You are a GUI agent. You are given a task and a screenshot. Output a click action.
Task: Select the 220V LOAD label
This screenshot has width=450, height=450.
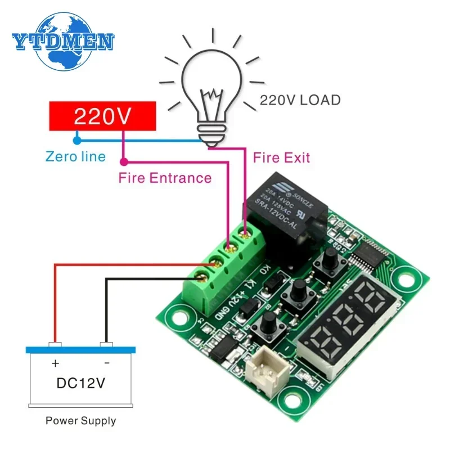coord(300,101)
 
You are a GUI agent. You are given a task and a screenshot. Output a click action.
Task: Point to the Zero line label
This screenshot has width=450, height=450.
coord(75,156)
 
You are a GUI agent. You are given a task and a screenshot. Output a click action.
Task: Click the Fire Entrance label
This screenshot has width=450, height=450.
coord(165,178)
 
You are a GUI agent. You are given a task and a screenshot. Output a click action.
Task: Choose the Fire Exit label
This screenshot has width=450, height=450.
coord(281,157)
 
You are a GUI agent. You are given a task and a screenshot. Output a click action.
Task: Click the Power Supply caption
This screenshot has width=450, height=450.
coord(80,420)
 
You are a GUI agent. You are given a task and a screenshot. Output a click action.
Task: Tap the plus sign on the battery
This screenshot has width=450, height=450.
coord(55,363)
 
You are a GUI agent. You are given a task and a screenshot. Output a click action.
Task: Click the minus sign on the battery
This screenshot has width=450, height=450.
coord(106,363)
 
